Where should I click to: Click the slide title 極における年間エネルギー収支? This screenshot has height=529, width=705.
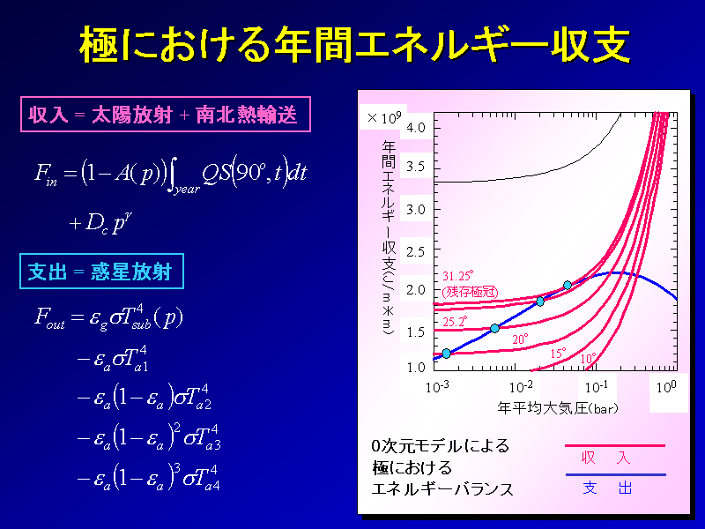point(355,45)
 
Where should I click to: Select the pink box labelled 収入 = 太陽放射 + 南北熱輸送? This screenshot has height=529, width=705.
point(166,115)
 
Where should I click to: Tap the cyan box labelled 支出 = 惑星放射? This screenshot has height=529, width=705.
point(101,272)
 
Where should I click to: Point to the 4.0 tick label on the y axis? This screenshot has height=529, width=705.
point(415,128)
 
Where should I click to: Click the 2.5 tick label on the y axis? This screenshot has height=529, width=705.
point(415,252)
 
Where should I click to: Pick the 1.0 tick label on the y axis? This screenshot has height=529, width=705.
point(415,368)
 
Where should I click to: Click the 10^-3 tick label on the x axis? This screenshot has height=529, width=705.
point(437,386)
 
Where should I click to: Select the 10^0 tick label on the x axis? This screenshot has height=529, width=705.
point(666,386)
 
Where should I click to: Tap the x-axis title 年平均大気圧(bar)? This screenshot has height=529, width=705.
point(558,408)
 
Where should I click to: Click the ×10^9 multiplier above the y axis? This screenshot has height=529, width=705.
point(384,118)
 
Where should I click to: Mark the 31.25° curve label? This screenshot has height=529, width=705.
point(457,276)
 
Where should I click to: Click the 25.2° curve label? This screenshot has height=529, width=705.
point(455,322)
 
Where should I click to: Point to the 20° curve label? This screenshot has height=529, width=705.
point(520,339)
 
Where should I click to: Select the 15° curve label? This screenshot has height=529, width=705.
point(558,354)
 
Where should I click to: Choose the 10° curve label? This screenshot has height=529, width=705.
point(589,359)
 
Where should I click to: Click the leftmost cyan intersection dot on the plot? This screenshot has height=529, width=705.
point(446,354)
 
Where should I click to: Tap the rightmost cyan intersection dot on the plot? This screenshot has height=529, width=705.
point(568,285)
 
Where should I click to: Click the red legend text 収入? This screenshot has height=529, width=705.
point(605,458)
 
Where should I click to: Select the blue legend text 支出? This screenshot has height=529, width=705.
point(607,488)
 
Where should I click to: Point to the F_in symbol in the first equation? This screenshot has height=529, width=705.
point(46,174)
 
